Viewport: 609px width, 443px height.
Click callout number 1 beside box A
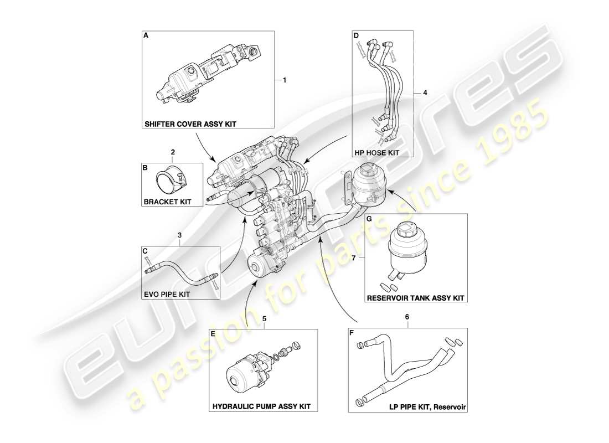tap(285, 80)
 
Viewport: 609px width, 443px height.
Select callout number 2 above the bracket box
tap(173, 152)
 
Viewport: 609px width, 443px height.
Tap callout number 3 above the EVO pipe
tap(179, 235)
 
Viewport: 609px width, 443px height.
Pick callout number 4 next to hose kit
tap(425, 94)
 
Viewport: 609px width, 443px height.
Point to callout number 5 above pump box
tap(264, 319)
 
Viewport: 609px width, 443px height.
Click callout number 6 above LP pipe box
tap(407, 316)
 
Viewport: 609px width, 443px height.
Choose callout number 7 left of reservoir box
tap(354, 257)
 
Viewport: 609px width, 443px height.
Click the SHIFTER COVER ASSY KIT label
tap(190, 124)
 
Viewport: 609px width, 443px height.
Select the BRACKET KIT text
tap(167, 202)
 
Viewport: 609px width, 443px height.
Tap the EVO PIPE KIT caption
tap(167, 294)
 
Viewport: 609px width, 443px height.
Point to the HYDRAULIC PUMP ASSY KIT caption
tap(261, 406)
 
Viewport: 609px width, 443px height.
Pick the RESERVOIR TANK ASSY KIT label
tap(415, 298)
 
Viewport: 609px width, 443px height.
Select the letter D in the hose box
tap(356, 35)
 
